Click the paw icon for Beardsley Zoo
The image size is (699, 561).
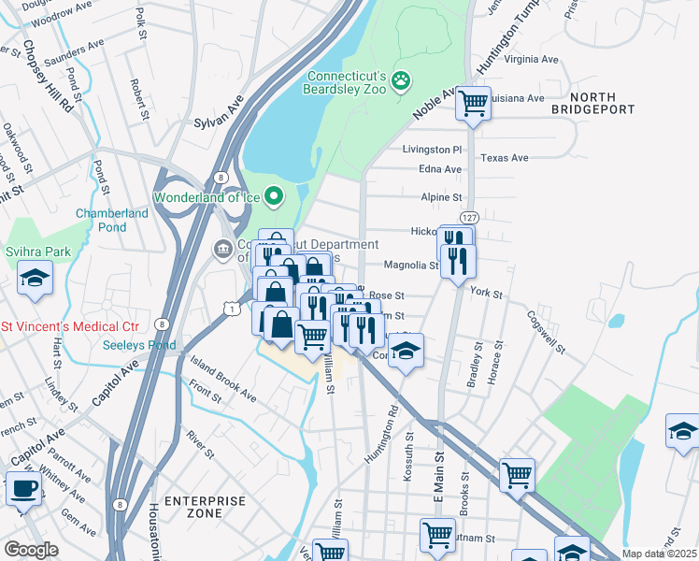pos(401,81)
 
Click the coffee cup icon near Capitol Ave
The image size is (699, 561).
pos(23,488)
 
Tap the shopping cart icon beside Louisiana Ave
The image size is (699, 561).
pos(474,103)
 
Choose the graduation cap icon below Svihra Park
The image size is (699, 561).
pos(36,279)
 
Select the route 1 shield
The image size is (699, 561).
pos(230,307)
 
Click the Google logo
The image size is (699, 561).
pos(31,550)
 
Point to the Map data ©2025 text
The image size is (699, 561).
pos(659,554)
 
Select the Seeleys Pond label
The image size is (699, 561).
pos(140,343)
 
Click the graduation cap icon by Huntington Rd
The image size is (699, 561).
pos(405,351)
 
